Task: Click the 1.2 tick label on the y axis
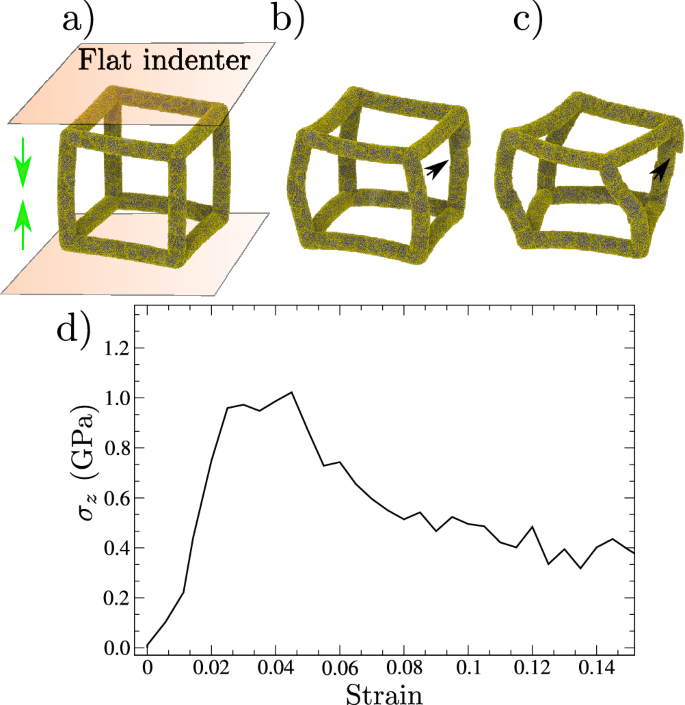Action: point(116,347)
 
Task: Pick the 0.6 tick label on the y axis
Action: point(116,498)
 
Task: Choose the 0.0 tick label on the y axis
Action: point(116,648)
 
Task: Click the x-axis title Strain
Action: point(389,693)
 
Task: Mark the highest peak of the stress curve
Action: point(291,392)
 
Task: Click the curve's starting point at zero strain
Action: point(147,648)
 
